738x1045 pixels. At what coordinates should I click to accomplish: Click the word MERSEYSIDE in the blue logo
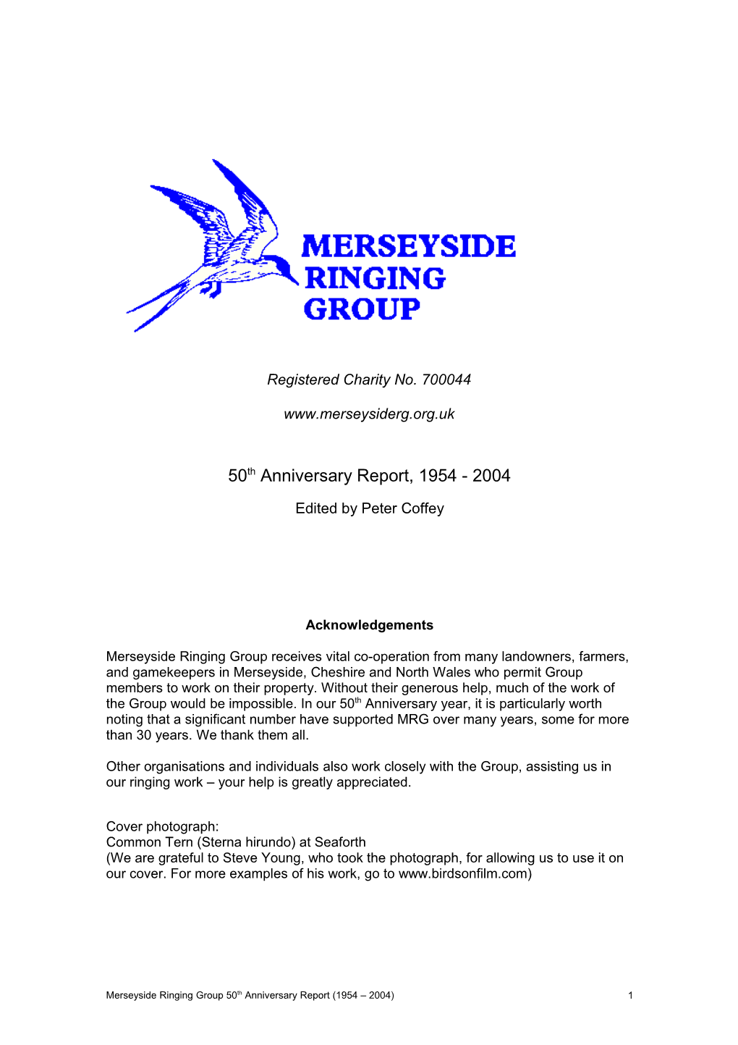[408, 247]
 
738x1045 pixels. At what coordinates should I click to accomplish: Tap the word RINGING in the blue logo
[375, 279]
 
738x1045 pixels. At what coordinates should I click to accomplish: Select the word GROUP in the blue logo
[362, 309]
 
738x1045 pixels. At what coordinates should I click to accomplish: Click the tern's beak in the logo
[291, 277]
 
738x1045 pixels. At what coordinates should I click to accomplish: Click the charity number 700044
[446, 379]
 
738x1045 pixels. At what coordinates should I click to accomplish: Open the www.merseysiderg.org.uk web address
[369, 414]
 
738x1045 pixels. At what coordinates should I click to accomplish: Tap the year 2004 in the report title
[491, 476]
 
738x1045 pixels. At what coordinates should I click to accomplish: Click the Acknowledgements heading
[369, 625]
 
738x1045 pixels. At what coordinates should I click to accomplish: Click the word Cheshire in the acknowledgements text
[338, 672]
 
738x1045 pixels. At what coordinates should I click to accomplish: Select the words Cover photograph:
[162, 826]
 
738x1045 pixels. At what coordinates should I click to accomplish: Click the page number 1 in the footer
[630, 995]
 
